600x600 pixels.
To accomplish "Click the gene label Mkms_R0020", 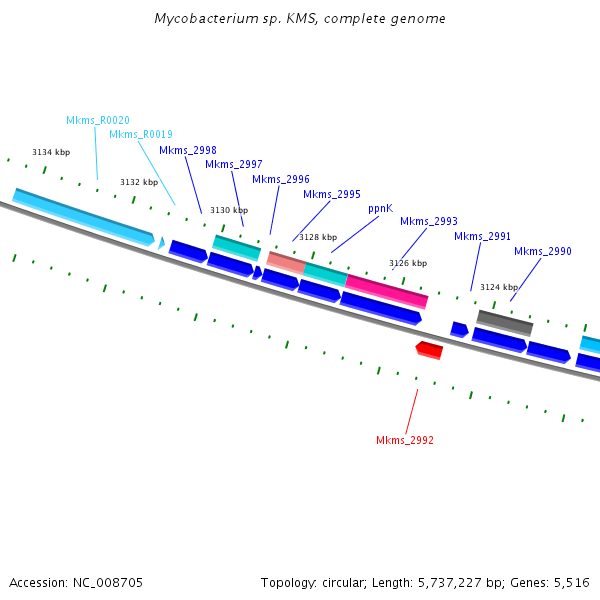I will coord(98,120).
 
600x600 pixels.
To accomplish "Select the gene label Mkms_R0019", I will coord(140,134).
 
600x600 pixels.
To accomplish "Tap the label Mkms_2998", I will coord(188,151).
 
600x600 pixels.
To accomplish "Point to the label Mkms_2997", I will coord(234,165).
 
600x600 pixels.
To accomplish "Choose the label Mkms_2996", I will coord(281,180).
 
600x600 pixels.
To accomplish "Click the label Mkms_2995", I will coord(332,195).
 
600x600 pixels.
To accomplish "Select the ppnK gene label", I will coord(380,209).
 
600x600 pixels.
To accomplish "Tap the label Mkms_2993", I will coord(429,222).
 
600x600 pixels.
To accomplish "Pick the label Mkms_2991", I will coord(483,237).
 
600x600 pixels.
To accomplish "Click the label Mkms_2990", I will coord(543,252).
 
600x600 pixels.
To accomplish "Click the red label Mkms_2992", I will coord(405,440).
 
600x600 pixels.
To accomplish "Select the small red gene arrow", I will coord(429,349).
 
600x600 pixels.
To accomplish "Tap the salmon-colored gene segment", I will coord(285,262).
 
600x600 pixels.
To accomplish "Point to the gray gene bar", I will coord(505,322).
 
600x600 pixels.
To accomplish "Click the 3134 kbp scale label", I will coord(51,152).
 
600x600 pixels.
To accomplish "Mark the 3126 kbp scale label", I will coord(408,263).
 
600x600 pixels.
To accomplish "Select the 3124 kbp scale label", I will coord(499,287).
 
